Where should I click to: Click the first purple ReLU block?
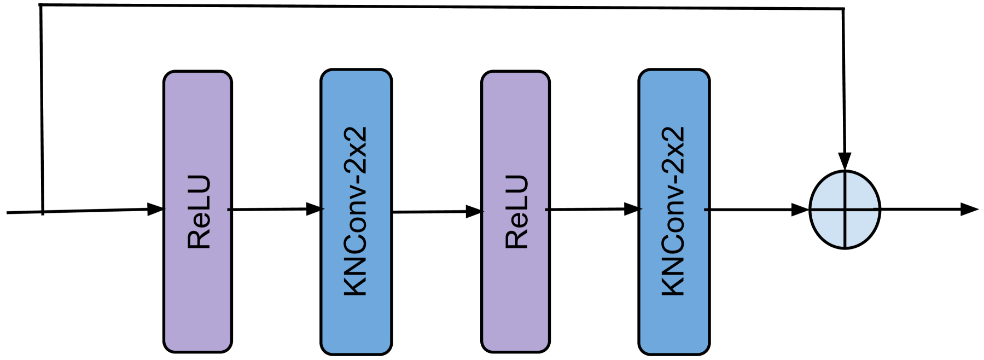197,137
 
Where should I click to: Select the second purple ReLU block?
515,137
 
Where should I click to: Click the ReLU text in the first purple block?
199,212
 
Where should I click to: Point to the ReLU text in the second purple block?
517,212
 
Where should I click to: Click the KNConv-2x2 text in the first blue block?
356,211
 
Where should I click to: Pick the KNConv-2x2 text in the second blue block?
673,211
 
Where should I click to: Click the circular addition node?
845,210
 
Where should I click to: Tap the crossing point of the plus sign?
845,209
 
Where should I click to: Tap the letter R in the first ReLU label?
199,240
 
